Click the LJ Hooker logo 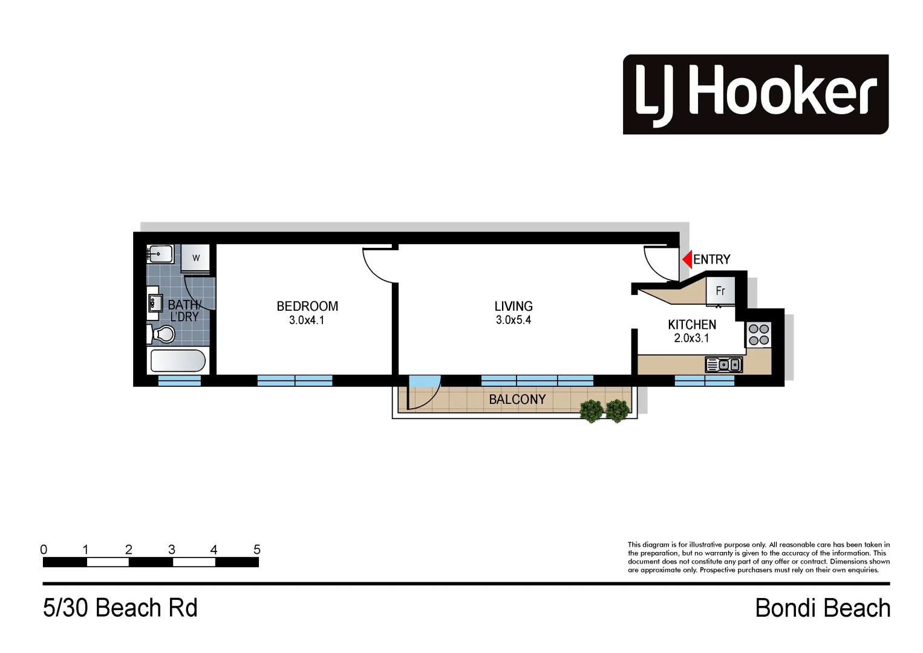(x=755, y=94)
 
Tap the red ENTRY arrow (x=687, y=259)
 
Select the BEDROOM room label (x=307, y=306)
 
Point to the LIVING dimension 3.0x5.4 (x=513, y=320)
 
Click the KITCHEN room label (x=692, y=325)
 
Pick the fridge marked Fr (x=720, y=291)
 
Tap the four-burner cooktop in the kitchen (x=758, y=334)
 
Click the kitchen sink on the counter (x=723, y=365)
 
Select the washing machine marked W (x=195, y=258)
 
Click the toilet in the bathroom (x=160, y=334)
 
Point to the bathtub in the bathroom (x=178, y=361)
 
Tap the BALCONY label (x=517, y=400)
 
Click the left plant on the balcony (x=592, y=411)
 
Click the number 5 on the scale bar (x=257, y=550)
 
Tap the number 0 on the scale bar (x=44, y=550)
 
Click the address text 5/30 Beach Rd (x=120, y=608)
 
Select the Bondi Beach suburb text (x=823, y=608)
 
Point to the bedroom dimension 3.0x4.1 (x=307, y=320)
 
